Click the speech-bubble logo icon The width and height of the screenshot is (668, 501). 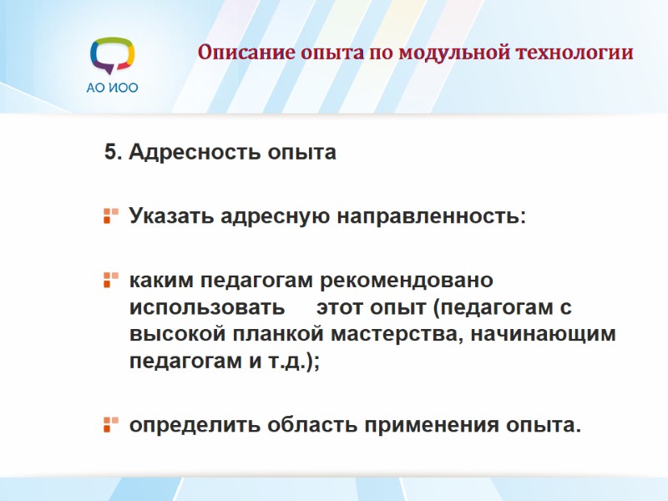pos(112,56)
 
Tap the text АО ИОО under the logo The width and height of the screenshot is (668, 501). pos(112,88)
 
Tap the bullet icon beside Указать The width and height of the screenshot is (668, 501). pos(110,217)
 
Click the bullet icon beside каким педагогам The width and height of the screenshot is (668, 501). pos(110,279)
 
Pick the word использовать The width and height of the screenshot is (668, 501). pos(206,306)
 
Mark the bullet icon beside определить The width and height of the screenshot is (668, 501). pos(110,424)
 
